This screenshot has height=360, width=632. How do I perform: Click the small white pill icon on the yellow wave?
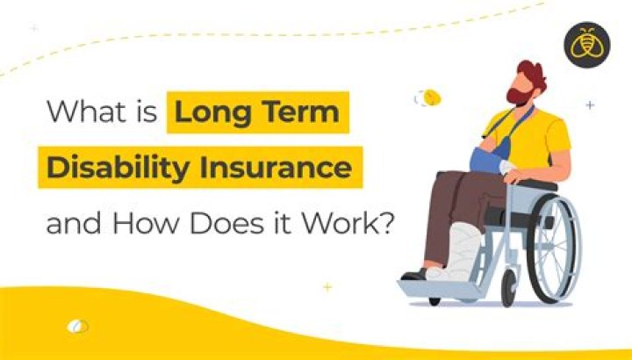pos(78,327)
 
